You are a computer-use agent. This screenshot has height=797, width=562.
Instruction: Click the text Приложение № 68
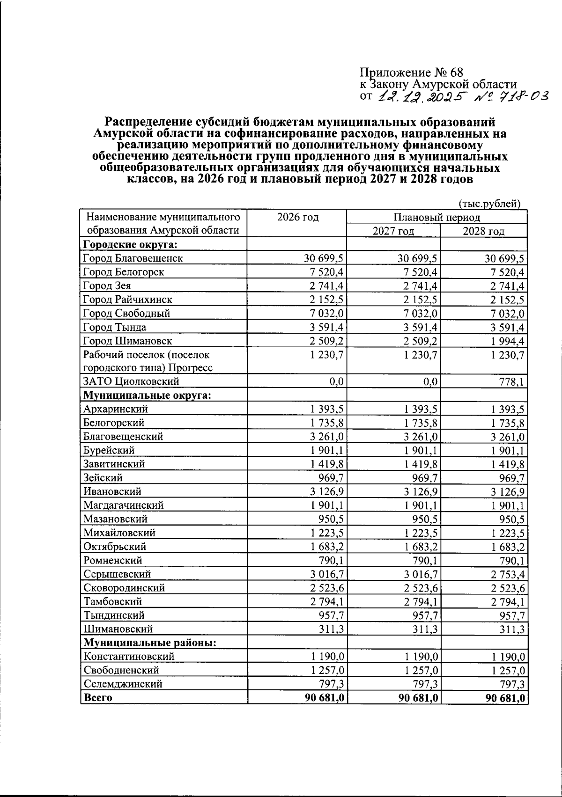pos(411,73)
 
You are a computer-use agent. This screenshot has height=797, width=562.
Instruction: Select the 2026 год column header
pos(297,217)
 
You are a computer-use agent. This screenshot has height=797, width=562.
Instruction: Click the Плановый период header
pos(436,217)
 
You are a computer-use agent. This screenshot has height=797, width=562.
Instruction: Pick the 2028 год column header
pos(483,231)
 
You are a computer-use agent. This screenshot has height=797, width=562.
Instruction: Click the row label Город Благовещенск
pos(133,258)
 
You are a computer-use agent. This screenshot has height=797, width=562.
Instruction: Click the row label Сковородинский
pos(124,588)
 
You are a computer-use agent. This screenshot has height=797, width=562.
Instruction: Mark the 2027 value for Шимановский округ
pos(424,629)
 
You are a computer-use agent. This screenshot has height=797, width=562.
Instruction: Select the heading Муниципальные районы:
pos(150,643)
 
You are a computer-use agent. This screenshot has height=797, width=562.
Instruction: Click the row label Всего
pos(98,698)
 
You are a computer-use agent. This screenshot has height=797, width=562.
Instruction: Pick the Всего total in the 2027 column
pos(418,698)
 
